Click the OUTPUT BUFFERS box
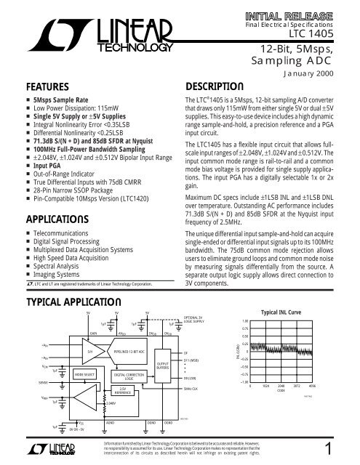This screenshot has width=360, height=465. click(163, 357)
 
